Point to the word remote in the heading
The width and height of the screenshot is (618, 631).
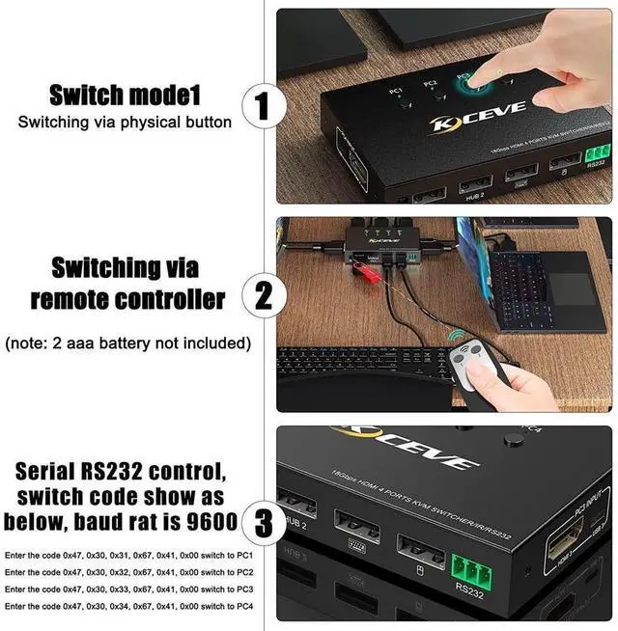click(x=76, y=298)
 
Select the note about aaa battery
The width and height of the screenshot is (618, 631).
click(x=128, y=343)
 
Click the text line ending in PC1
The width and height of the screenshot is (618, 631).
click(x=128, y=557)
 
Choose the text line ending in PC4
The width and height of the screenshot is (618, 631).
click(x=128, y=605)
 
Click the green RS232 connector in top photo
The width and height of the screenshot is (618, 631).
click(x=597, y=152)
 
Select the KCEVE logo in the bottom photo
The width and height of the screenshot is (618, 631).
click(x=406, y=449)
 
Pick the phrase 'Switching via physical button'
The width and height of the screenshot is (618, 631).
click(x=125, y=123)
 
